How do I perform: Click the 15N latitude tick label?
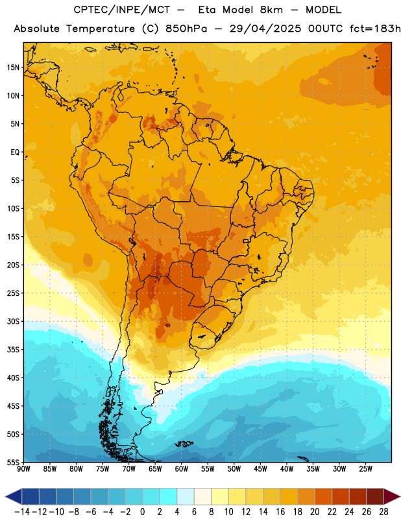click(13, 67)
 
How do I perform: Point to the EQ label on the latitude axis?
click(15, 152)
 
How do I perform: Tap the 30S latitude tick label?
click(13, 321)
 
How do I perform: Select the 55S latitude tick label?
click(13, 462)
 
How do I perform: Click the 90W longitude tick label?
click(23, 468)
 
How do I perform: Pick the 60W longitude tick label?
click(182, 468)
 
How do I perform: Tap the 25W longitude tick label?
click(365, 468)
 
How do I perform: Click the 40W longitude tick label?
click(287, 468)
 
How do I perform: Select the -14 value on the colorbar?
click(22, 512)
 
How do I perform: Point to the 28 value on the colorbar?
click(383, 512)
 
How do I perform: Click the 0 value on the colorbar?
click(142, 512)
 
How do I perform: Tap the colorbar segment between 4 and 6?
click(186, 496)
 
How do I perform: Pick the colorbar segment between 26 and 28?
click(375, 496)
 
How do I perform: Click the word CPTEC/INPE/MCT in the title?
click(122, 10)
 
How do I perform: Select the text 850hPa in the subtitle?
click(186, 29)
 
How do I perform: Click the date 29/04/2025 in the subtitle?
click(265, 29)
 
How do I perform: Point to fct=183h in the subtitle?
click(375, 29)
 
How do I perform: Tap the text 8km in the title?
click(271, 10)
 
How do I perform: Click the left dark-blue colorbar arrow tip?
click(5, 496)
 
